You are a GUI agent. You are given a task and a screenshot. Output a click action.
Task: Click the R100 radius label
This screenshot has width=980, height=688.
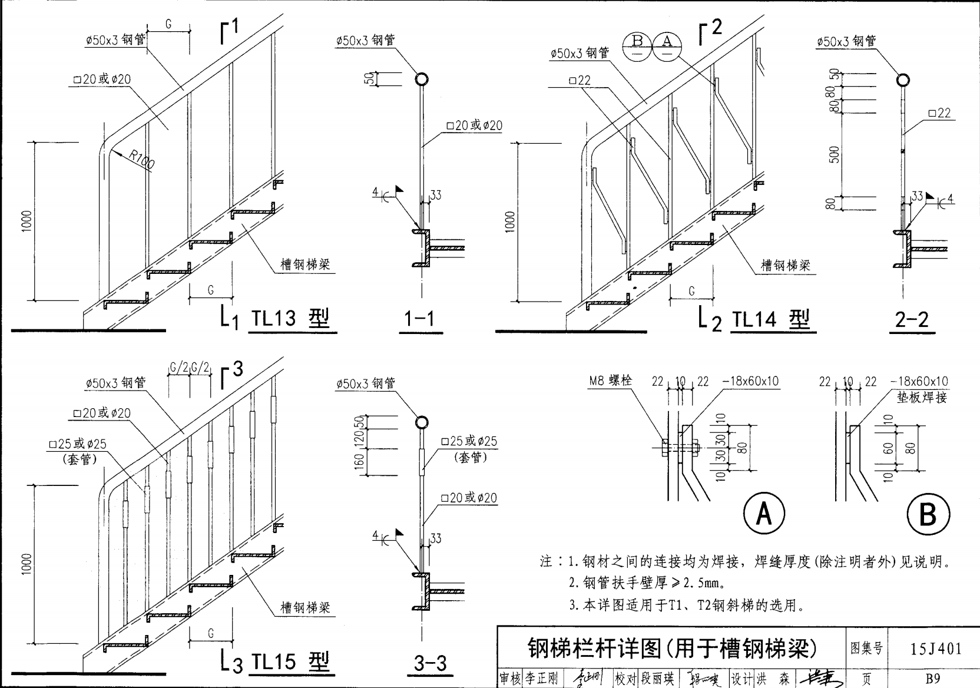(x=141, y=159)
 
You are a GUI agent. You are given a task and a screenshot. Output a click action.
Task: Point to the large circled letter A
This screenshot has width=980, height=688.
(x=764, y=514)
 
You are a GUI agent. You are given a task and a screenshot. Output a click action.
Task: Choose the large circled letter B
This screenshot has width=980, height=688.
(x=928, y=514)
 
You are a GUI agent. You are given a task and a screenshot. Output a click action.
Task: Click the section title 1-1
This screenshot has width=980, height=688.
(x=419, y=319)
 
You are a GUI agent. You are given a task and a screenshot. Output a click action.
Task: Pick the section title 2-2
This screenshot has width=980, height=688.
(x=911, y=319)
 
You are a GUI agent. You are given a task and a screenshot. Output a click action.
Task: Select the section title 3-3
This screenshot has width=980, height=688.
(x=431, y=663)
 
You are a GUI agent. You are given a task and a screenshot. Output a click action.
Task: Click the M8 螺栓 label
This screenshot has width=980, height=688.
(x=611, y=381)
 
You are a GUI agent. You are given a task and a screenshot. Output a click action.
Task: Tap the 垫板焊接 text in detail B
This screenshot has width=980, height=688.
(x=922, y=398)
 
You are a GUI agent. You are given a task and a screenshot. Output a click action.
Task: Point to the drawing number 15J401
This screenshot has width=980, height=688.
(x=936, y=649)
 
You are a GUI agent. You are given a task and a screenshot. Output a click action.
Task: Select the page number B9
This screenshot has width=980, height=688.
(x=932, y=679)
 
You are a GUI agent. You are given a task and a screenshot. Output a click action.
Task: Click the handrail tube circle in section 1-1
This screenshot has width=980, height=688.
(x=422, y=80)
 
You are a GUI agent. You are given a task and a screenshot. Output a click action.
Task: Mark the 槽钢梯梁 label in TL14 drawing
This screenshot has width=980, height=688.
(x=786, y=266)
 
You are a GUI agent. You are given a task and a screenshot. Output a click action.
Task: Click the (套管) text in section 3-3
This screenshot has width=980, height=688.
(x=470, y=457)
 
